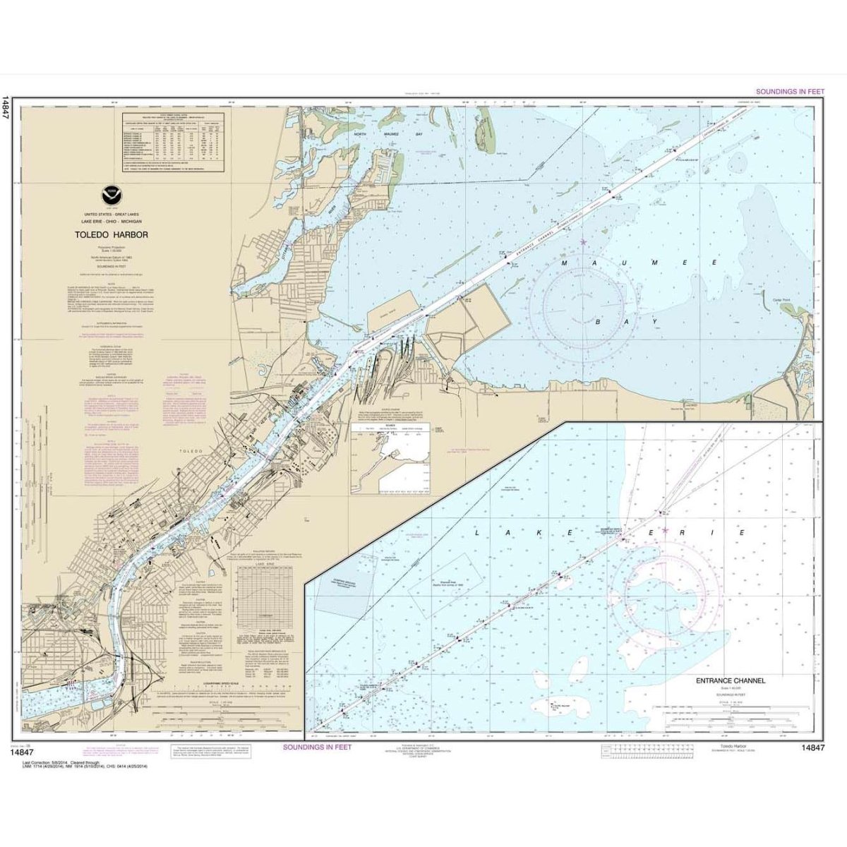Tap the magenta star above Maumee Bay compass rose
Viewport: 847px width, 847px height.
(583, 243)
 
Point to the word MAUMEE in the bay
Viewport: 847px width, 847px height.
(606, 263)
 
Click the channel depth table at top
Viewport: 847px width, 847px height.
(174, 141)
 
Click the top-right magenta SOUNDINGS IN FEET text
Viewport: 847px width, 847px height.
(790, 92)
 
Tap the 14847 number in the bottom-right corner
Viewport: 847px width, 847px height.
(812, 748)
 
